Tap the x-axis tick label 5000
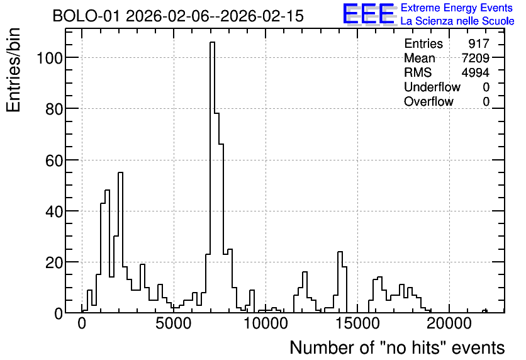pos(174,323)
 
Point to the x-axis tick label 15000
pos(357,323)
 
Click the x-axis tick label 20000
pos(449,323)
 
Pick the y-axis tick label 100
pos(49,58)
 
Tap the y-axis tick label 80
pos(54,109)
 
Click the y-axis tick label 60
pos(54,160)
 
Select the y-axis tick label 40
pos(54,211)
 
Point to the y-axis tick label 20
pos(54,262)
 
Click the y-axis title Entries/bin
pos(13,70)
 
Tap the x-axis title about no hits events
pos(397,347)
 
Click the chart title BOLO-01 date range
pos(178,16)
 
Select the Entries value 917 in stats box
pos(479,43)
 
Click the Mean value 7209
pos(475,58)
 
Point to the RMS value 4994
pos(475,72)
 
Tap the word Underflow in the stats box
pos(432,87)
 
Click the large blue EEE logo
pos(369,14)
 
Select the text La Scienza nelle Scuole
pos(457,21)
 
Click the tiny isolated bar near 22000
pos(484,312)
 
